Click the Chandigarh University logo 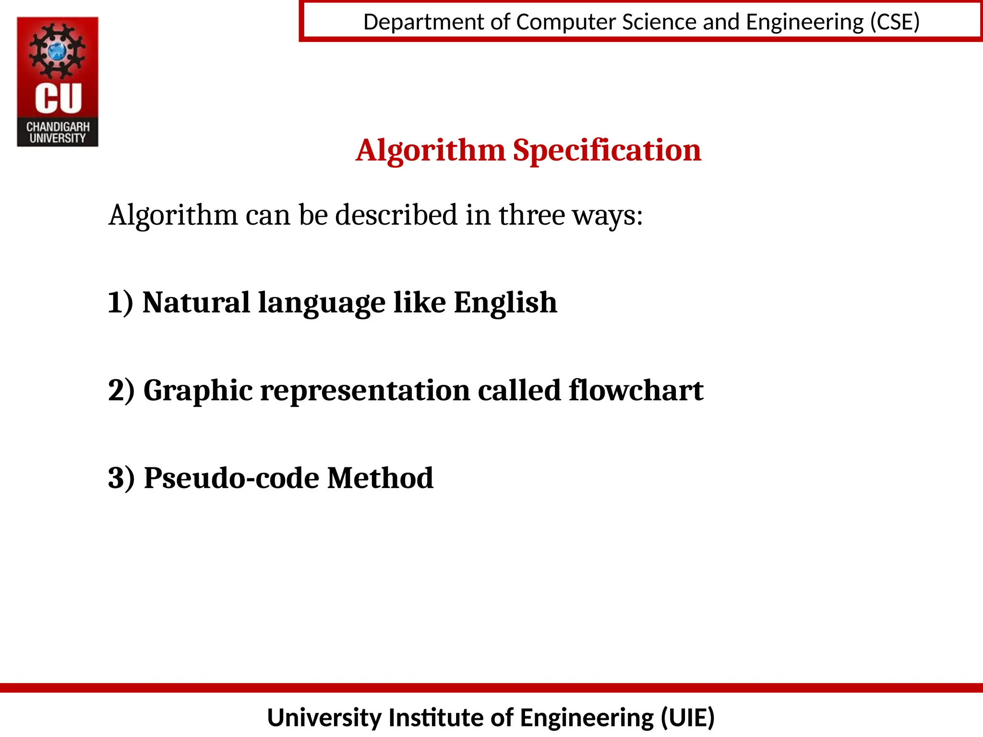(x=58, y=82)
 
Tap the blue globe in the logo (x=58, y=50)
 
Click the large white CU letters (x=58, y=98)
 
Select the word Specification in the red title (x=607, y=151)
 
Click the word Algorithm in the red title (x=431, y=151)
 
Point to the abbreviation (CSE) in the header (x=895, y=22)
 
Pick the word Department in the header (x=424, y=22)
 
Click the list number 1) (x=120, y=303)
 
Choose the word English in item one (x=505, y=303)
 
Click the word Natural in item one (x=196, y=303)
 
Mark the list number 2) (x=121, y=391)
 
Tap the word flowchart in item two (x=636, y=391)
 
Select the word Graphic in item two (x=198, y=391)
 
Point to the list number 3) (x=121, y=478)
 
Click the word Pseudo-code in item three (x=231, y=478)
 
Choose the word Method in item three (x=380, y=478)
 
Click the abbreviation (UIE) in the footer (x=687, y=718)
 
